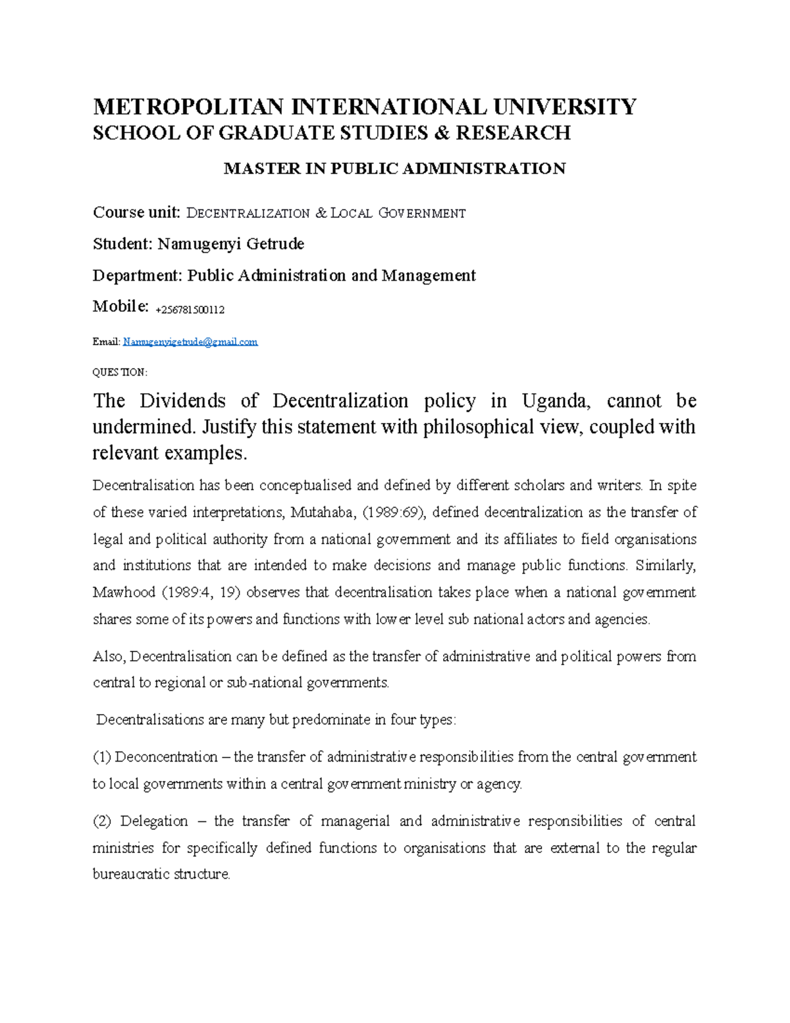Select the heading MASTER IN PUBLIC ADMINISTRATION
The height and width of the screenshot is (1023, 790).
pos(394,169)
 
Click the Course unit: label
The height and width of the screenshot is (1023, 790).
pos(136,213)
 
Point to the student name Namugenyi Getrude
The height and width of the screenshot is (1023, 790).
pos(230,244)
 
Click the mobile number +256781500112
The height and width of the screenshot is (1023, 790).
pos(190,310)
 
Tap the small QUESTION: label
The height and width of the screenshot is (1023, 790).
pos(120,372)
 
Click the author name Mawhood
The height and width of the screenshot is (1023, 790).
pos(124,592)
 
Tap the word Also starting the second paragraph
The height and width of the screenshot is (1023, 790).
pos(108,656)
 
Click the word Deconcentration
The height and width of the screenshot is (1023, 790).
pos(166,757)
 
